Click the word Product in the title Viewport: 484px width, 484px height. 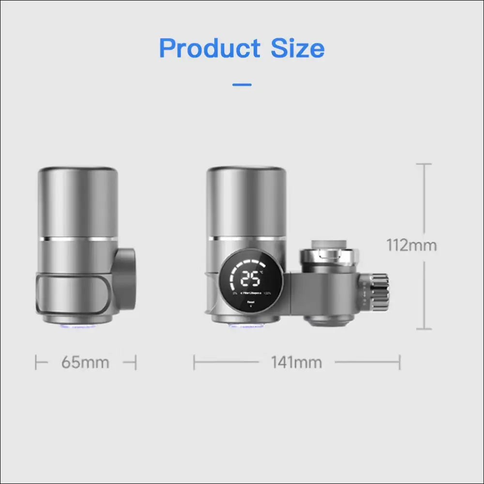(210, 48)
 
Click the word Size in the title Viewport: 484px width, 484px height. (297, 48)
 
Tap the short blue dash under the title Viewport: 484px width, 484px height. (242, 85)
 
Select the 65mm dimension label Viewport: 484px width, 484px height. (85, 362)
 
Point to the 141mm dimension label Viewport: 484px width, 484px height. (296, 362)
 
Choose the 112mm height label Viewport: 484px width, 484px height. (411, 245)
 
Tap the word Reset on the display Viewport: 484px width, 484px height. (251, 302)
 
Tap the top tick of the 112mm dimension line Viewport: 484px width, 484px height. (424, 164)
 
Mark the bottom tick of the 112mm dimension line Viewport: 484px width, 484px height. (424, 329)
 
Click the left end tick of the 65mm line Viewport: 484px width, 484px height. (36, 362)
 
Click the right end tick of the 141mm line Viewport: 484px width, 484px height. (400, 362)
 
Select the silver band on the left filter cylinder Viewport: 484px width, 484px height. (77, 239)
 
